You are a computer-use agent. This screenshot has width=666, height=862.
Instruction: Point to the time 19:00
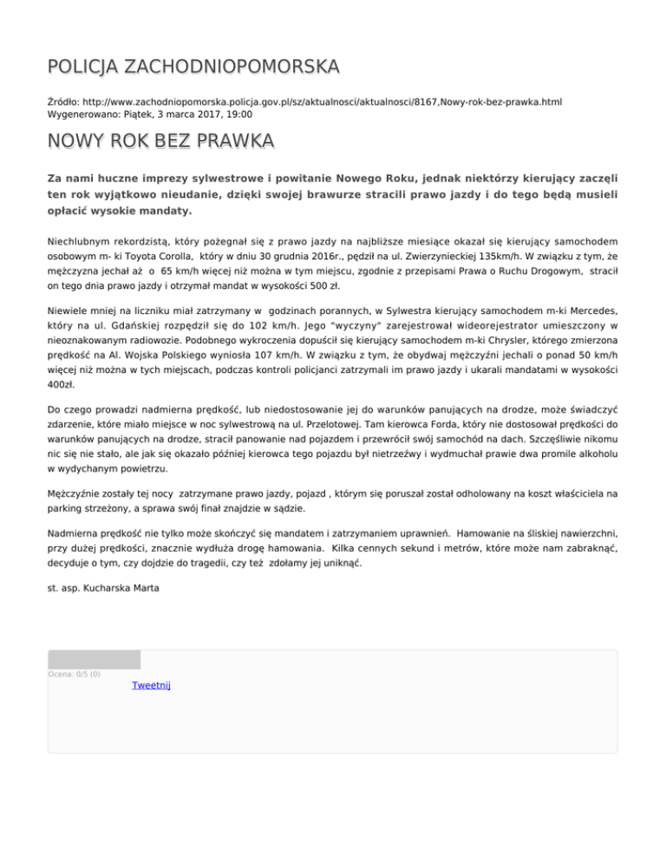click(x=217, y=114)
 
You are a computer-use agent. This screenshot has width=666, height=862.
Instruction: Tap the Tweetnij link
click(x=151, y=685)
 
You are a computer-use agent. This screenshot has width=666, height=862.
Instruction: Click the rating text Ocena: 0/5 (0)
click(x=74, y=674)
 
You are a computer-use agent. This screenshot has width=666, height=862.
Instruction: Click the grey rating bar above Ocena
click(x=94, y=659)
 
